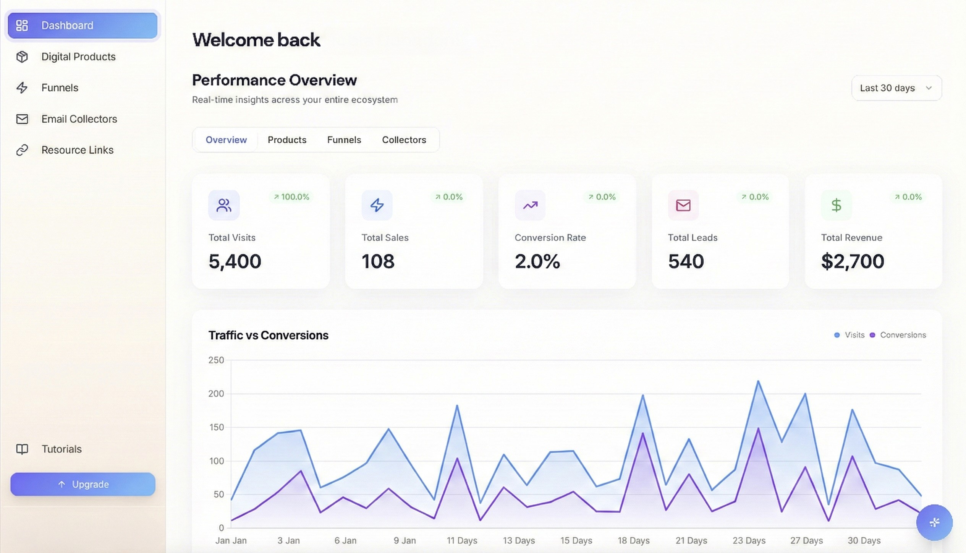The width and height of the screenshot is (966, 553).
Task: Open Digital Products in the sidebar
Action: pos(78,57)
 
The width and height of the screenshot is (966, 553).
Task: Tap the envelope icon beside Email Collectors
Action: pos(22,119)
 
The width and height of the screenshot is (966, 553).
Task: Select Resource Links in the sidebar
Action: pos(77,150)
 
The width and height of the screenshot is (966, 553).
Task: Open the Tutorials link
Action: pos(61,449)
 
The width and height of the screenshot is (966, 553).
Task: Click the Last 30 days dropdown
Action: pos(896,88)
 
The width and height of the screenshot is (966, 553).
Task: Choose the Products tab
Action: pos(287,140)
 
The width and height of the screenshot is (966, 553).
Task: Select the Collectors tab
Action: pos(404,140)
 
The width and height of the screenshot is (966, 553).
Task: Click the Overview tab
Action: pos(226,140)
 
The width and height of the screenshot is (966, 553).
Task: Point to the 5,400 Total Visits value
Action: pos(235,261)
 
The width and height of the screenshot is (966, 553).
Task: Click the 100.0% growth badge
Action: pos(291,197)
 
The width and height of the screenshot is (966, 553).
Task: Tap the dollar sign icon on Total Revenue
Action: pos(836,205)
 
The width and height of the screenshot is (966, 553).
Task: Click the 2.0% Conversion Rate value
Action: pos(537,261)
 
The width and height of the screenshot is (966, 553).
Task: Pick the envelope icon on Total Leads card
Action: pos(683,205)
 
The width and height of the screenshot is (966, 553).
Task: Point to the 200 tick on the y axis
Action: pos(216,394)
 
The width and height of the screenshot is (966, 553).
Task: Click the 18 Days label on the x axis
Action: pos(633,540)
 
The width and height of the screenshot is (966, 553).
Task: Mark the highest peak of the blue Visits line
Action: pos(758,381)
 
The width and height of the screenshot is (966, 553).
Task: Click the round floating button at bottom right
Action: pos(934,522)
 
